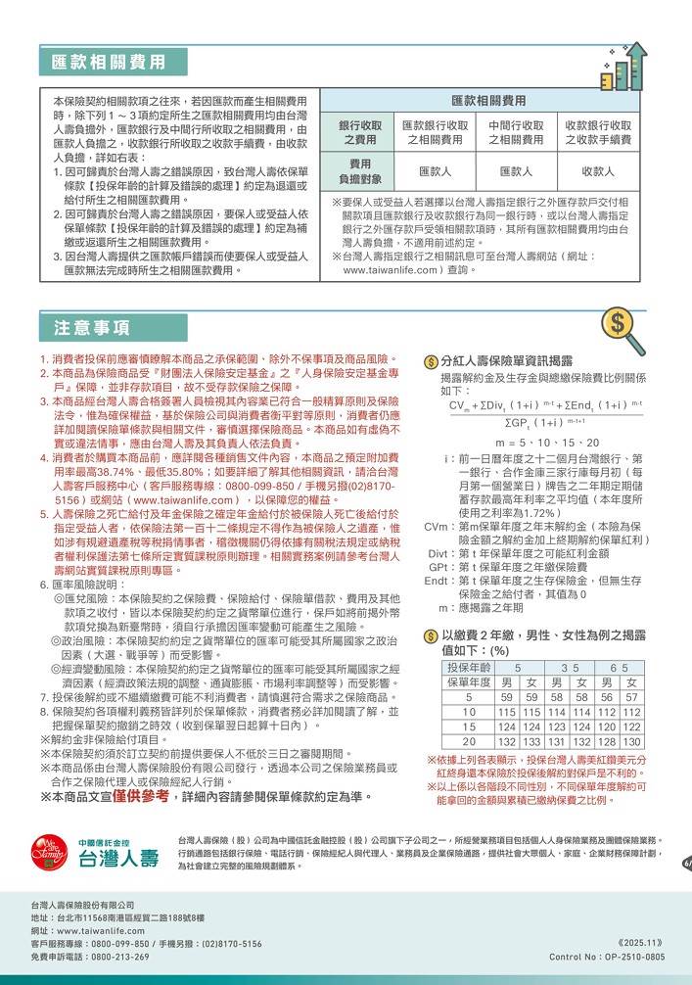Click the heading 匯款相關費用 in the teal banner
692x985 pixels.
point(109,63)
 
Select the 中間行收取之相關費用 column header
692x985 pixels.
point(516,133)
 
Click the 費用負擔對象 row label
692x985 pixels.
point(360,171)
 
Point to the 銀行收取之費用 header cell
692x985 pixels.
point(360,133)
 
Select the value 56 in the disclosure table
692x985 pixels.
point(609,698)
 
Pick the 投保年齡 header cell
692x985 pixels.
point(468,668)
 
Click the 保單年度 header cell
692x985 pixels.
point(468,682)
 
